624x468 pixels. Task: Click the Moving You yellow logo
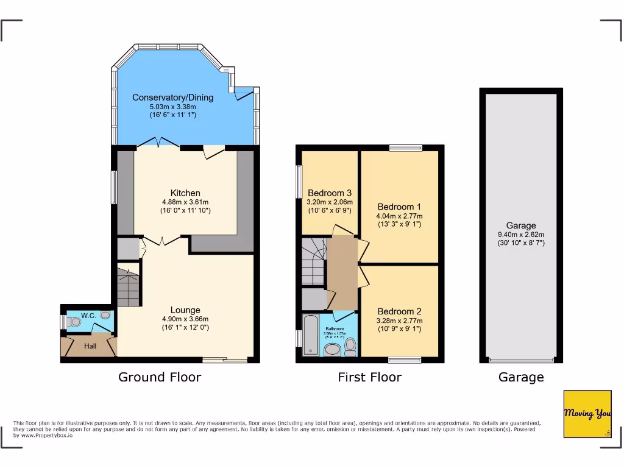tap(587, 414)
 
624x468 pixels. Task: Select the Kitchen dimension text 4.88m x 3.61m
tap(185, 202)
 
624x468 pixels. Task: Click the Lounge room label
tap(185, 310)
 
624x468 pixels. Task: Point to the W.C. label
tap(88, 316)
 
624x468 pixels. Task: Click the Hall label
tap(90, 346)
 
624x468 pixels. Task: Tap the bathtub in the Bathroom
tap(310, 335)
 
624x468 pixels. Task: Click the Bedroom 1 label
tap(399, 207)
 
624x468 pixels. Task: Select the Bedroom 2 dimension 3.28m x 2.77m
tap(399, 321)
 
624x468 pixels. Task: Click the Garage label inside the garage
tap(521, 225)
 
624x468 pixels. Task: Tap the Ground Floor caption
tap(160, 377)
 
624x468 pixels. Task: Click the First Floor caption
tap(370, 377)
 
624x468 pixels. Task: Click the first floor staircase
tap(314, 261)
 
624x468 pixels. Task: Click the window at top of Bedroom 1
tap(405, 147)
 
